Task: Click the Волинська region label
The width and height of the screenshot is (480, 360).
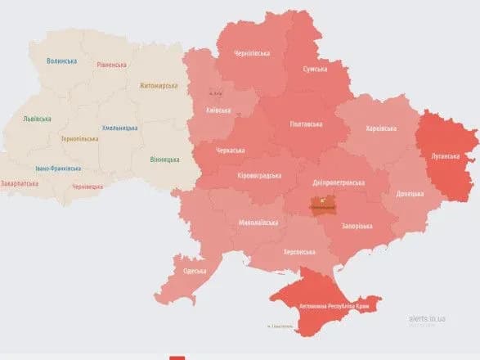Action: click(x=62, y=61)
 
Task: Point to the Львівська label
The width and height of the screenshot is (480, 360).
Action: click(x=37, y=119)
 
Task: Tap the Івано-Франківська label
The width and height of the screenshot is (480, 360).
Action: click(x=58, y=169)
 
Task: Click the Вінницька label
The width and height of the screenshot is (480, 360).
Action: click(x=166, y=158)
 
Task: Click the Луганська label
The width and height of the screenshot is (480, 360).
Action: click(x=445, y=155)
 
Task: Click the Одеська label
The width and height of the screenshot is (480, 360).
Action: click(x=194, y=271)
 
